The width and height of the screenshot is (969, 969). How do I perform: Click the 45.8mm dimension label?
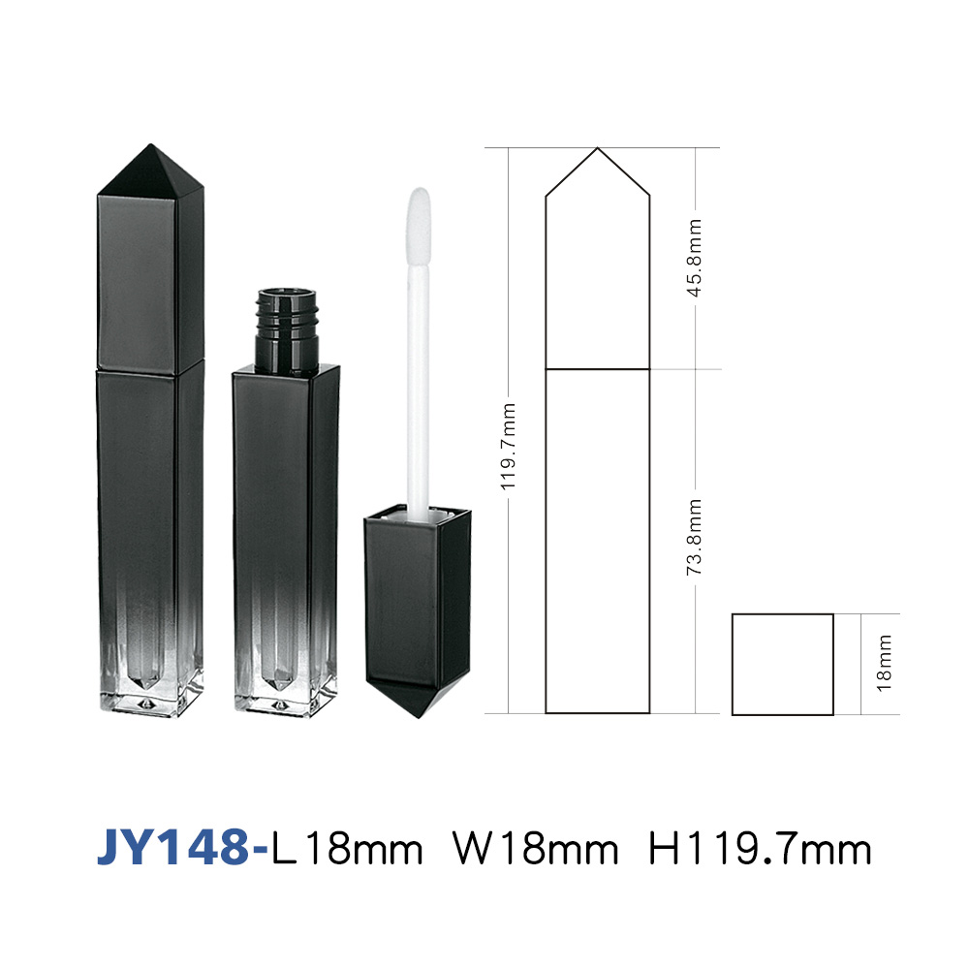click(695, 258)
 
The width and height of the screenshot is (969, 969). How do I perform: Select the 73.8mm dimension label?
click(695, 537)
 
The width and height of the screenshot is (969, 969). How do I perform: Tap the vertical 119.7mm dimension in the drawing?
click(508, 447)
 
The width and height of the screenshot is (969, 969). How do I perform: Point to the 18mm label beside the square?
click(884, 663)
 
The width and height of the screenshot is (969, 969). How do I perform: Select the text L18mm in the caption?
click(347, 849)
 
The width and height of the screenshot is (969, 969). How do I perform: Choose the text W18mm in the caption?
click(535, 849)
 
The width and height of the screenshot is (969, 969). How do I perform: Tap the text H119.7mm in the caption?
click(760, 849)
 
